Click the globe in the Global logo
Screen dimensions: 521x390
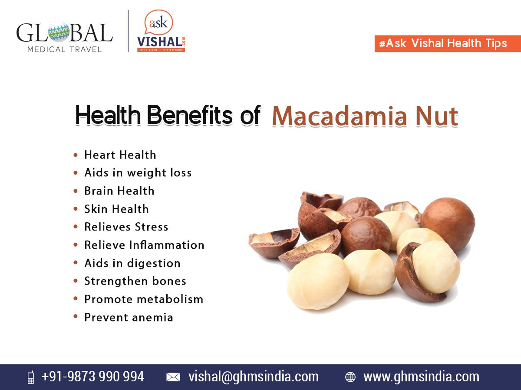pyautogui.click(x=59, y=32)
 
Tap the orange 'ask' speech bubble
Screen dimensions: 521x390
pyautogui.click(x=158, y=23)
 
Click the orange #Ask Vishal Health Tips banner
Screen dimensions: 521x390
pyautogui.click(x=448, y=44)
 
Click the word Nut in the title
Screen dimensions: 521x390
pyautogui.click(x=437, y=117)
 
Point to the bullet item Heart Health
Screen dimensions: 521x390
pyautogui.click(x=120, y=155)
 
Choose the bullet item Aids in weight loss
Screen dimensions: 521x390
pyautogui.click(x=138, y=172)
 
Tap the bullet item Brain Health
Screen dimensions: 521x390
pyautogui.click(x=119, y=191)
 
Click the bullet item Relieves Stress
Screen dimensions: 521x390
pyautogui.click(x=126, y=227)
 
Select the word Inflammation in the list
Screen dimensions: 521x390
pyautogui.click(x=167, y=245)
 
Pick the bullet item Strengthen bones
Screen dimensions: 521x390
pyautogui.click(x=135, y=281)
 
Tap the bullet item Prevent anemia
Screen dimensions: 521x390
pyautogui.click(x=129, y=318)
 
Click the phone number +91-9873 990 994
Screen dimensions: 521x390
pyautogui.click(x=93, y=376)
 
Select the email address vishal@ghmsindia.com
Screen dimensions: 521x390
pyautogui.click(x=254, y=377)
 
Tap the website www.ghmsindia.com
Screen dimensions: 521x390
pyautogui.click(x=421, y=377)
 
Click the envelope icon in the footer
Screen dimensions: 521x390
pyautogui.click(x=173, y=377)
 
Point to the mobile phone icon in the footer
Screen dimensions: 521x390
pyautogui.click(x=31, y=377)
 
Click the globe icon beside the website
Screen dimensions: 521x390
pyautogui.click(x=350, y=377)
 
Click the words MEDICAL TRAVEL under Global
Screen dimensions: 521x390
pyautogui.click(x=65, y=49)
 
